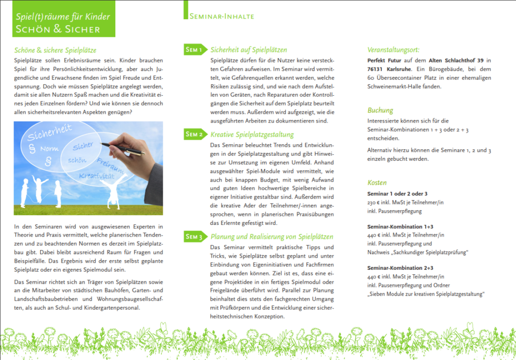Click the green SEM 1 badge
point(195,49)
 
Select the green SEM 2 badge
point(195,134)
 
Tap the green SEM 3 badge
point(195,236)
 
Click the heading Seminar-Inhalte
point(222,17)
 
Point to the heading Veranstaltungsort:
point(393,50)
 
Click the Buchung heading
point(380,110)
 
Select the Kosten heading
point(377,182)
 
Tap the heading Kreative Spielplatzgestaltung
point(252,135)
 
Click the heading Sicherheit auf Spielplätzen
point(248,50)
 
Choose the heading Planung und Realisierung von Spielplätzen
point(272,236)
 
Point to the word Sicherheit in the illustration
point(49,132)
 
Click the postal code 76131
point(376,69)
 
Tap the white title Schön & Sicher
point(58,29)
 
